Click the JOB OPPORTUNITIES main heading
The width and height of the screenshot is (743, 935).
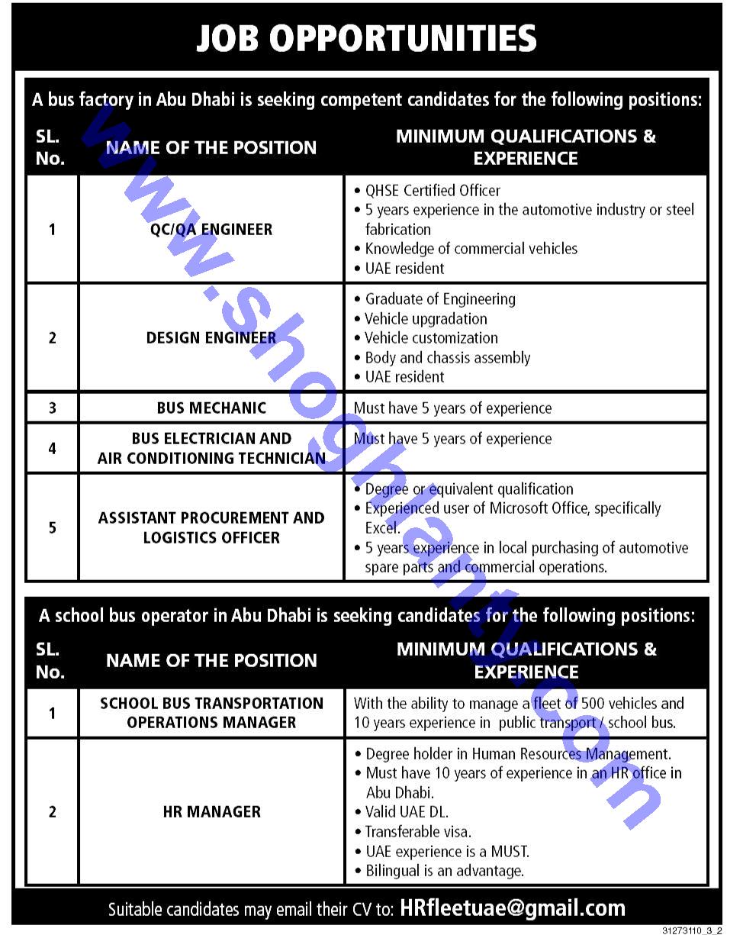coord(366,38)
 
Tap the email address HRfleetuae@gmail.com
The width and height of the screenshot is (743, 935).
coord(513,908)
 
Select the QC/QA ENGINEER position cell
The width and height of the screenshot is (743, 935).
coord(211,229)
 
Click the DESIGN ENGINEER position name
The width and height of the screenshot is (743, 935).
coord(211,337)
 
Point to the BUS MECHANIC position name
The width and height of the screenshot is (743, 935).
coord(211,408)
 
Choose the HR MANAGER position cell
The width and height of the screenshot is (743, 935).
coord(211,811)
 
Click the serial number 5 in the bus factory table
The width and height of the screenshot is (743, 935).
coord(52,527)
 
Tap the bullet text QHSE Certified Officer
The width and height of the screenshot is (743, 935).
coord(433,190)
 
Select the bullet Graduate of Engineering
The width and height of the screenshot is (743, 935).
coord(440,298)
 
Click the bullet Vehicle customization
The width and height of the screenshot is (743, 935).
coord(431,337)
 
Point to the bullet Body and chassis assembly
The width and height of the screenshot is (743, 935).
coord(447,357)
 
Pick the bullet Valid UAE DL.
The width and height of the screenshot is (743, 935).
coord(407,811)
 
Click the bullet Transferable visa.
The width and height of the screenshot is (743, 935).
coord(418,831)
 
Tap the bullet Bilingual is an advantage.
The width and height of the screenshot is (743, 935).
coord(444,870)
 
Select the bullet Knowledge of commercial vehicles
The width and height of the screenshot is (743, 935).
coord(471,248)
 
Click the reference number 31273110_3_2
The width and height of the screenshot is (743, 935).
coord(691,930)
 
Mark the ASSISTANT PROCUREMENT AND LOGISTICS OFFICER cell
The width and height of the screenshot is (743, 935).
coord(211,527)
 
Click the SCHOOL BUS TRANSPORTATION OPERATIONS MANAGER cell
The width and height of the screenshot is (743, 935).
coord(211,712)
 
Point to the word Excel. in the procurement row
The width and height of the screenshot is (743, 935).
coord(382,527)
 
